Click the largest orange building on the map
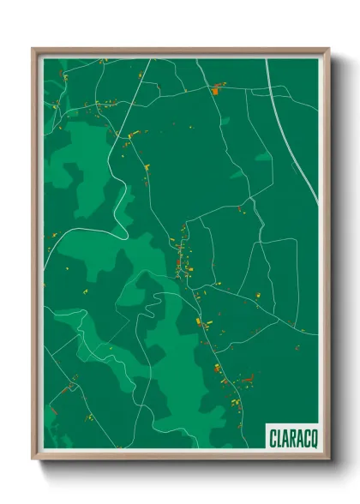pyautogui.click(x=215, y=89)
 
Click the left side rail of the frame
pyautogui.click(x=35, y=257)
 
